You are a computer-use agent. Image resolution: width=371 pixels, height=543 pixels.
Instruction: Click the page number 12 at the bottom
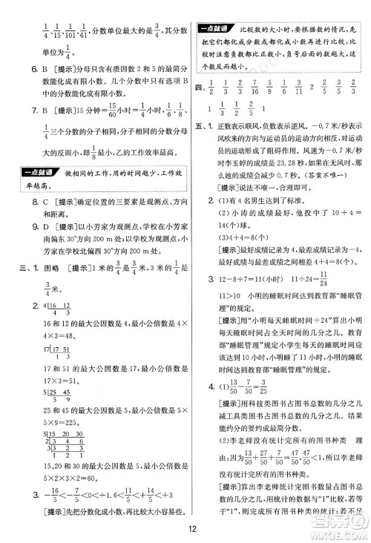[x=191, y=528]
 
